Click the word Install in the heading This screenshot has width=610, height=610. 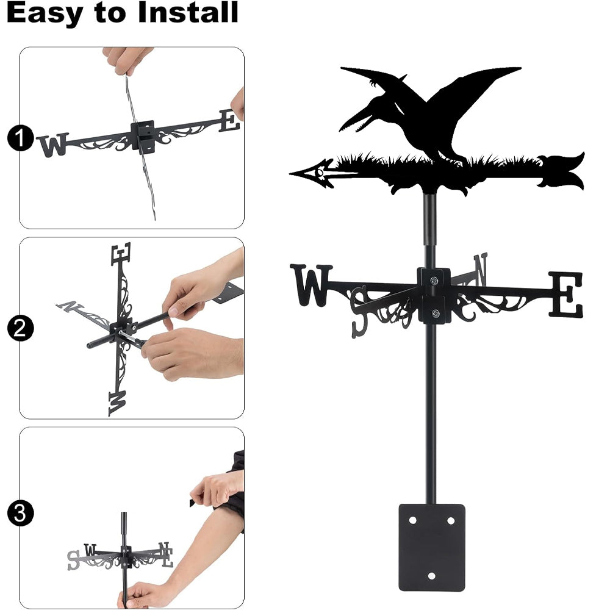188,12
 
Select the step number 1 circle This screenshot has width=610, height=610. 20,138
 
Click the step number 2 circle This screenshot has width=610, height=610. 20,328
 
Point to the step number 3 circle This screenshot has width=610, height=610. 20,513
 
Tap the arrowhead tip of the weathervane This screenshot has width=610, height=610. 291,173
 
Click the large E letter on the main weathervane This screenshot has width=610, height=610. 566,294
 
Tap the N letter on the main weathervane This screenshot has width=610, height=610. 481,269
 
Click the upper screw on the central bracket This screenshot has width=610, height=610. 434,280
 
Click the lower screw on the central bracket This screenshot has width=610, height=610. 436,313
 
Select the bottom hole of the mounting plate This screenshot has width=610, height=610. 431,576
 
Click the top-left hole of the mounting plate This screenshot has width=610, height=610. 413,520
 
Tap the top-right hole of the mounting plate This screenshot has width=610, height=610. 451,520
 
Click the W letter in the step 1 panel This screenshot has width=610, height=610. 53,145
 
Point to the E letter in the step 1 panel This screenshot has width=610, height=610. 229,121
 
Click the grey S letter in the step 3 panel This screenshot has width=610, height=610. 73,561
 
